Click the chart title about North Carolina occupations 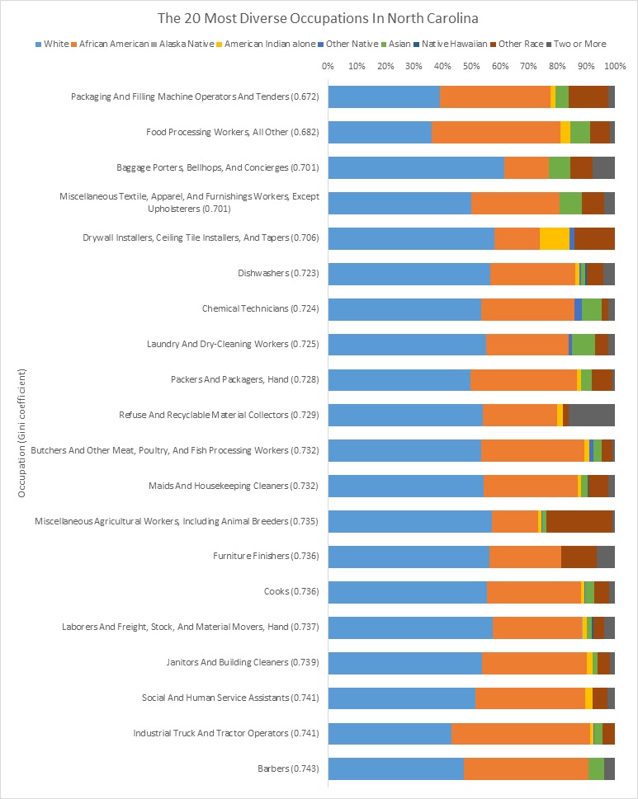pyautogui.click(x=319, y=16)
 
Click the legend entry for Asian pyautogui.click(x=399, y=43)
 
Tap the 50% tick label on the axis pyautogui.click(x=471, y=65)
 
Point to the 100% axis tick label pyautogui.click(x=615, y=65)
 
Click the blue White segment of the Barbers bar pyautogui.click(x=395, y=769)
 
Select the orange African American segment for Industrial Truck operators pyautogui.click(x=521, y=734)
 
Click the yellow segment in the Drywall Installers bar pyautogui.click(x=554, y=237)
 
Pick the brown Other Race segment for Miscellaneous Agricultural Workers pyautogui.click(x=579, y=521)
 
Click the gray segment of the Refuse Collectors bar pyautogui.click(x=592, y=415)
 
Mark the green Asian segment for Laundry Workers pyautogui.click(x=584, y=344)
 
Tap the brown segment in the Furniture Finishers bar pyautogui.click(x=579, y=557)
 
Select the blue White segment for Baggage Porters pyautogui.click(x=416, y=167)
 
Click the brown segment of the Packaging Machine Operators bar pyautogui.click(x=588, y=96)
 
